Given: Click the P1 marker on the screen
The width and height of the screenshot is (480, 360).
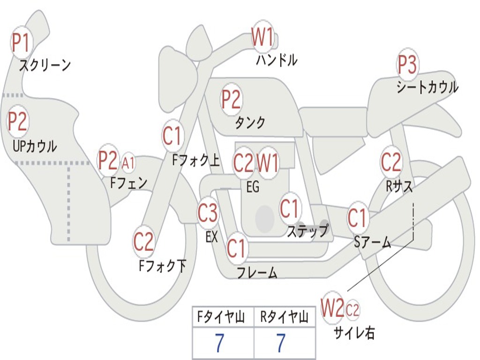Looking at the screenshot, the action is point(20,43).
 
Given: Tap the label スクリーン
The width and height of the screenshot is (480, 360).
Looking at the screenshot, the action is point(45,65).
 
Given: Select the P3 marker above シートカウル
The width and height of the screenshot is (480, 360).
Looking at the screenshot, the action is point(407,65).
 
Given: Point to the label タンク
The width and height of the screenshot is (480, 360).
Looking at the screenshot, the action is point(250,122).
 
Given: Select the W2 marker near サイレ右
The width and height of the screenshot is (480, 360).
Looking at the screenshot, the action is point(332,308).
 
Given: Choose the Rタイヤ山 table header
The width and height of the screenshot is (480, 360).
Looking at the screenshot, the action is point(285,318).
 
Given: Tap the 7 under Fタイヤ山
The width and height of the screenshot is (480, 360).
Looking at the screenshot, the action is point(219,344).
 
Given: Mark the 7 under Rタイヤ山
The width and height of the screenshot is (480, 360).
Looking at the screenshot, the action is point(280,344).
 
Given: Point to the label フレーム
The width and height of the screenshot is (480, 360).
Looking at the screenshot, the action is point(256,273).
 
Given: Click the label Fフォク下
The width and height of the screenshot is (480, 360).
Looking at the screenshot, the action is point(163,266).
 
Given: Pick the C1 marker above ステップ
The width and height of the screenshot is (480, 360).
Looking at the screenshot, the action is point(290,209).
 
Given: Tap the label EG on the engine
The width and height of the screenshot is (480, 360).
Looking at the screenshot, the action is point(252,187).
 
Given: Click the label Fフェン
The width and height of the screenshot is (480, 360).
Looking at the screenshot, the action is point(128,182).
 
